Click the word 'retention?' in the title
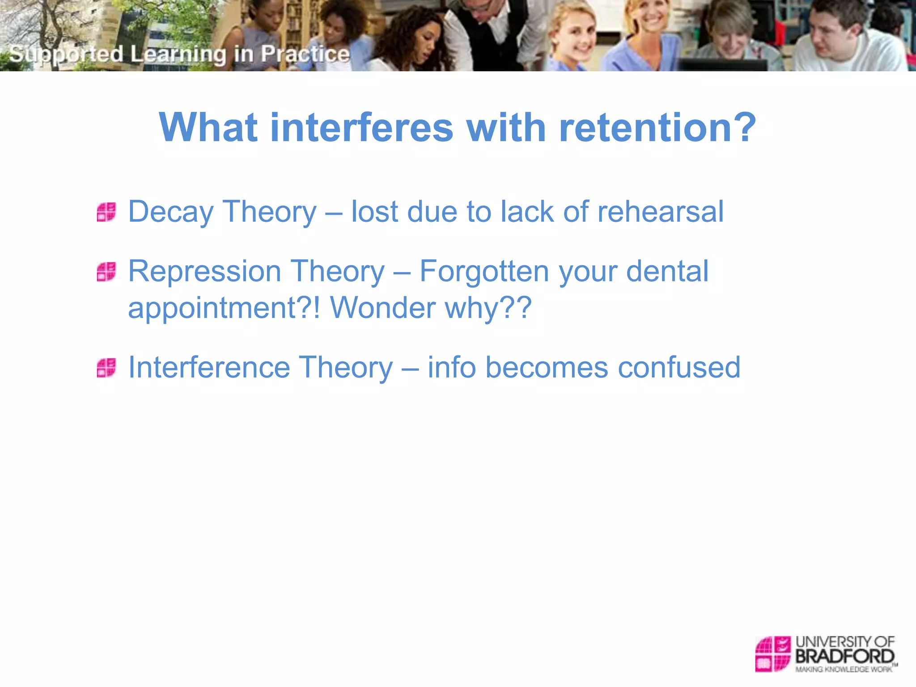click(657, 128)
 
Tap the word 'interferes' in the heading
click(361, 128)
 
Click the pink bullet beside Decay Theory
click(106, 212)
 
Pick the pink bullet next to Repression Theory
click(106, 271)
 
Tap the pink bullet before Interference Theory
click(106, 368)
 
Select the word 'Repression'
click(204, 271)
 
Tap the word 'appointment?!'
click(224, 309)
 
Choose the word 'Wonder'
click(382, 308)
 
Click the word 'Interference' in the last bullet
click(209, 367)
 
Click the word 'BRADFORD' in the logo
click(844, 657)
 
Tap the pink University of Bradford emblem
click(773, 653)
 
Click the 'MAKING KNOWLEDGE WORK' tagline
click(844, 670)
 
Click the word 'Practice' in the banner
click(305, 54)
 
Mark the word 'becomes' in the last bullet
click(546, 367)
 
